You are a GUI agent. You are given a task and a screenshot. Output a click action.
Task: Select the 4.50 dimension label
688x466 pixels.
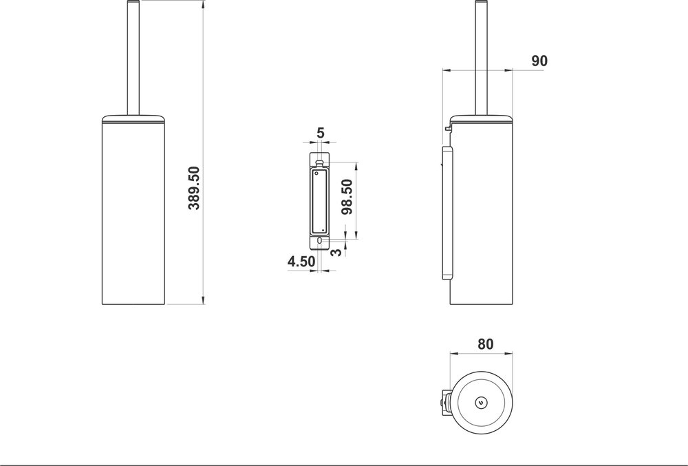301,262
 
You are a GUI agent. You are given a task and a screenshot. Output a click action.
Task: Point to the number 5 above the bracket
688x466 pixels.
320,131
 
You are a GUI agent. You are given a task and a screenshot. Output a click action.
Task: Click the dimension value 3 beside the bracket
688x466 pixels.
336,252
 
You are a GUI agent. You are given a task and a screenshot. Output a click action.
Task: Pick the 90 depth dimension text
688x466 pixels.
539,61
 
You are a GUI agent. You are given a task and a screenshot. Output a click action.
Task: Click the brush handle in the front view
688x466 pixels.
133,55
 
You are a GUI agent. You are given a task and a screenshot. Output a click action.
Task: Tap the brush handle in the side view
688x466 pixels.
480,55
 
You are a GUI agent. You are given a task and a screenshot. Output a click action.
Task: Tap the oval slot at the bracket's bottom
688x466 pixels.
320,242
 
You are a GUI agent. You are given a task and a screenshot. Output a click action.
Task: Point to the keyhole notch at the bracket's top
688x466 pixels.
320,163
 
